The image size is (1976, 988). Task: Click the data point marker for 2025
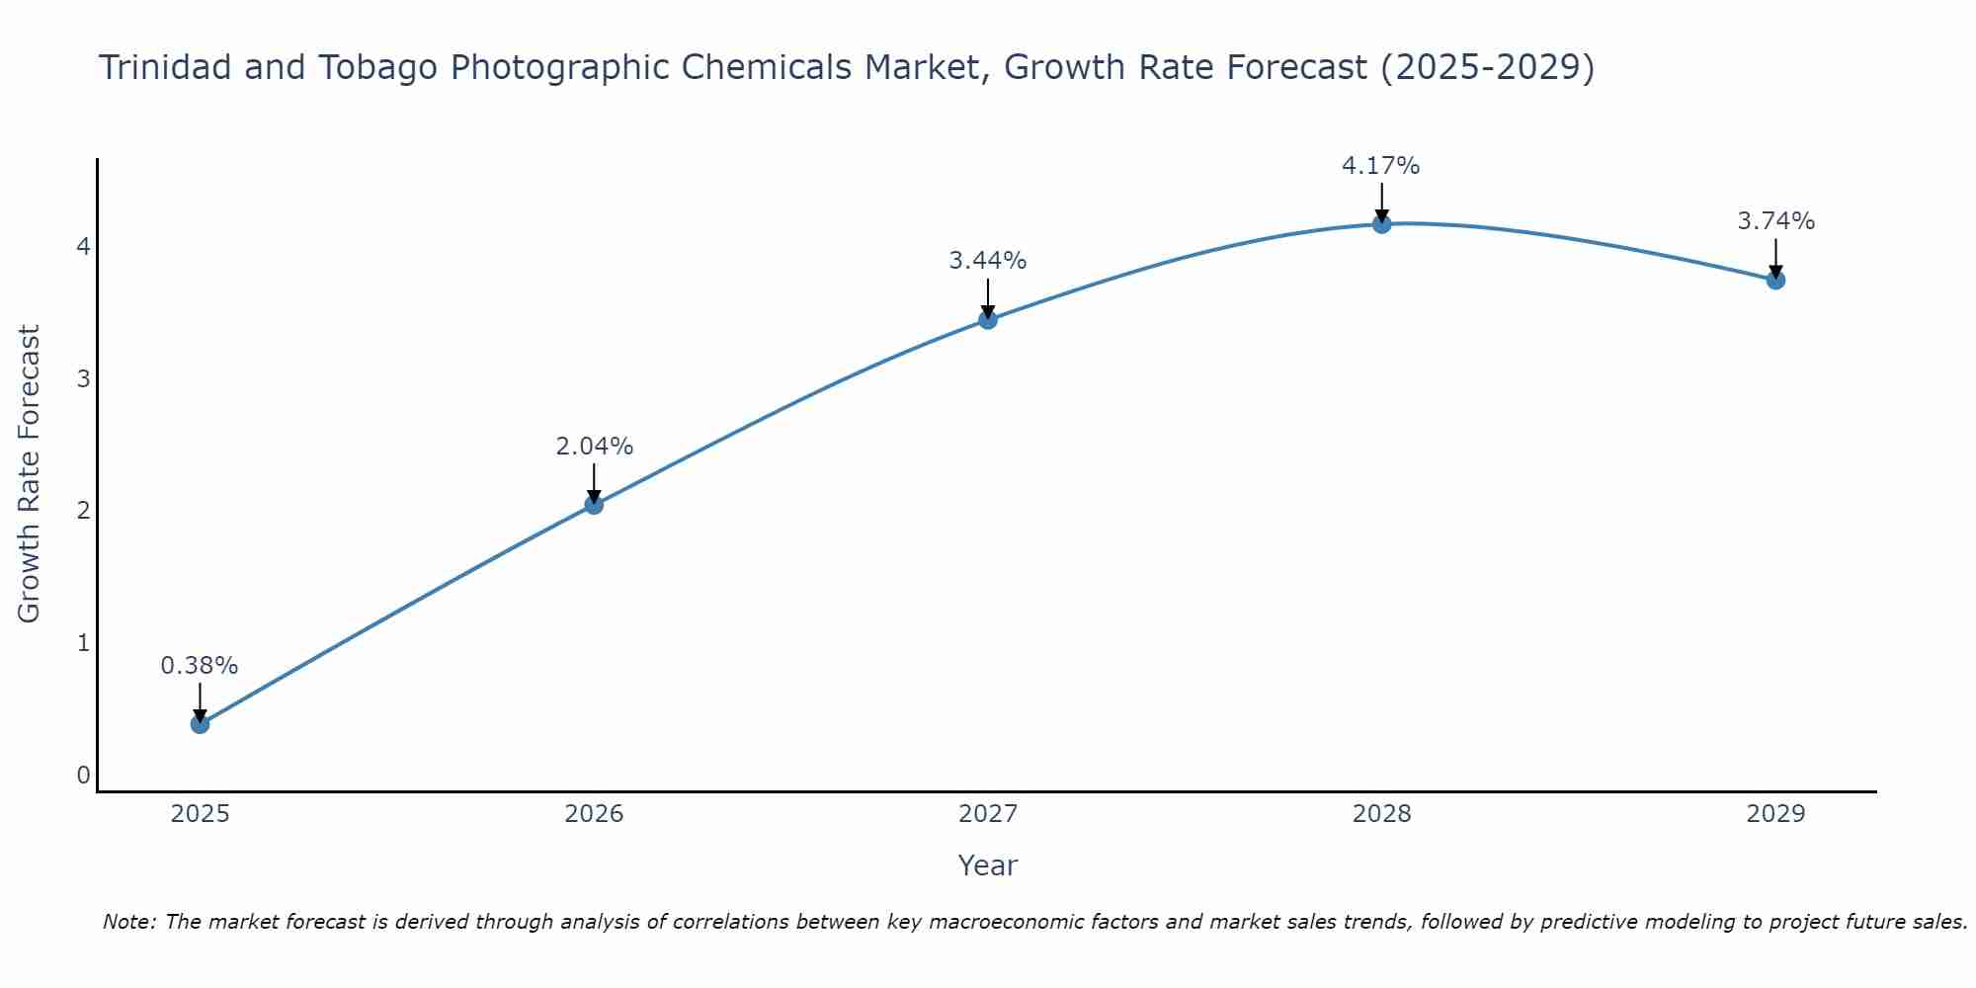click(x=200, y=724)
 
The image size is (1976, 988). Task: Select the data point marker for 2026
click(x=594, y=505)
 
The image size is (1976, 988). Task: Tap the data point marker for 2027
click(x=988, y=319)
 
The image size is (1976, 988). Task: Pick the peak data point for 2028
click(x=1381, y=224)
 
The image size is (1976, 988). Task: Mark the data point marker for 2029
click(x=1775, y=281)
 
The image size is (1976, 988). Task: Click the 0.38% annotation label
click(x=200, y=666)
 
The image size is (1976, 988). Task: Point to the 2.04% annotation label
click(x=594, y=447)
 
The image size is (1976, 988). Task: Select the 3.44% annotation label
click(x=988, y=261)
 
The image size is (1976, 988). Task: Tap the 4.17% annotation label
click(x=1380, y=166)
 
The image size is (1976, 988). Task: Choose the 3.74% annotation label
click(x=1775, y=221)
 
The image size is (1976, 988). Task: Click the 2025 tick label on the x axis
click(x=200, y=814)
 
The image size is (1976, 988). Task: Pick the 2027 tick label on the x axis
click(x=988, y=814)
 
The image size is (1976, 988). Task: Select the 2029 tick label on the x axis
click(x=1775, y=814)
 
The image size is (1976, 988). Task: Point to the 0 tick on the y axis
click(x=83, y=776)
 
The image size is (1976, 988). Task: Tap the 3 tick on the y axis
click(x=83, y=378)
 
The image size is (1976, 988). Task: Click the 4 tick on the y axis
click(x=83, y=246)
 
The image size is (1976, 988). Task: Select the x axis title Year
click(x=987, y=865)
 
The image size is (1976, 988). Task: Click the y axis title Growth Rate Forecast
click(x=30, y=474)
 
